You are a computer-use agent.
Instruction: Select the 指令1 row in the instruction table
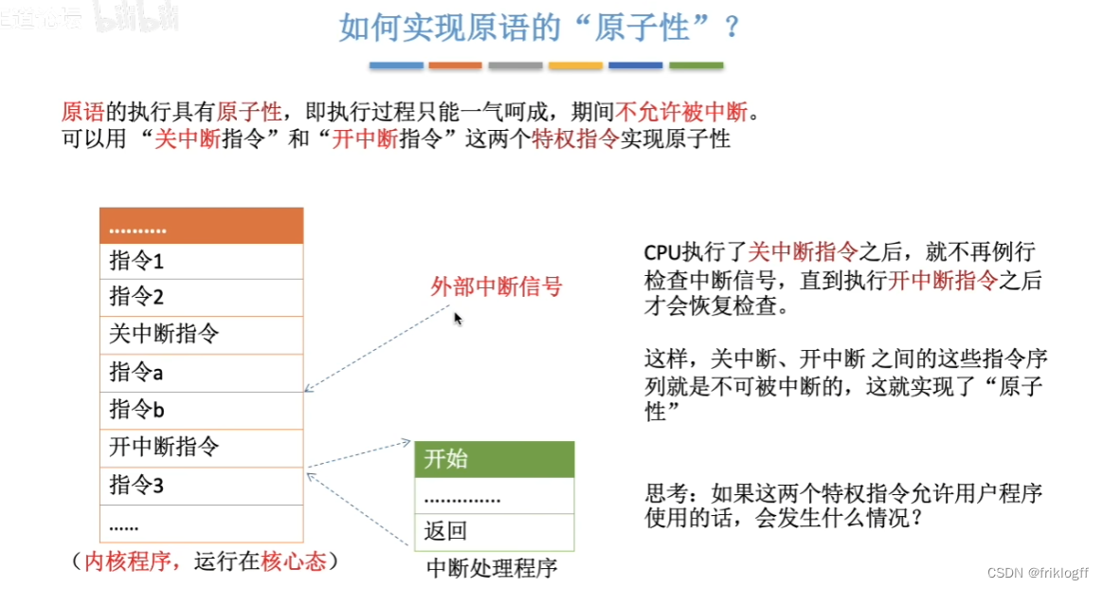(201, 261)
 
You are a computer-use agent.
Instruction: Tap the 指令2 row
(201, 298)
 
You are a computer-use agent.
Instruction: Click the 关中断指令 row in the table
(201, 335)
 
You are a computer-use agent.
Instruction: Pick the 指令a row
(201, 373)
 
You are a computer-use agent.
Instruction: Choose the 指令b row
(201, 410)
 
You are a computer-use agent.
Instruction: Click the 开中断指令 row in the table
(201, 447)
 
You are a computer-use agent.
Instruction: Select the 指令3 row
(201, 486)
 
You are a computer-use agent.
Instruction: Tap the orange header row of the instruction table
(201, 227)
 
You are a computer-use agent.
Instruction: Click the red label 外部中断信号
(497, 286)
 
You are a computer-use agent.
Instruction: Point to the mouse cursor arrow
(458, 319)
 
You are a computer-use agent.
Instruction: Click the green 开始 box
(494, 460)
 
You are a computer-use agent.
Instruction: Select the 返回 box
(494, 532)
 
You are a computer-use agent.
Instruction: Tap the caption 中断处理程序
(492, 568)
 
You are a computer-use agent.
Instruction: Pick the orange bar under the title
(455, 65)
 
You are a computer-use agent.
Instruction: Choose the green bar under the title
(696, 65)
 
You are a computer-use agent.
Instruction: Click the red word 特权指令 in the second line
(575, 139)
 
